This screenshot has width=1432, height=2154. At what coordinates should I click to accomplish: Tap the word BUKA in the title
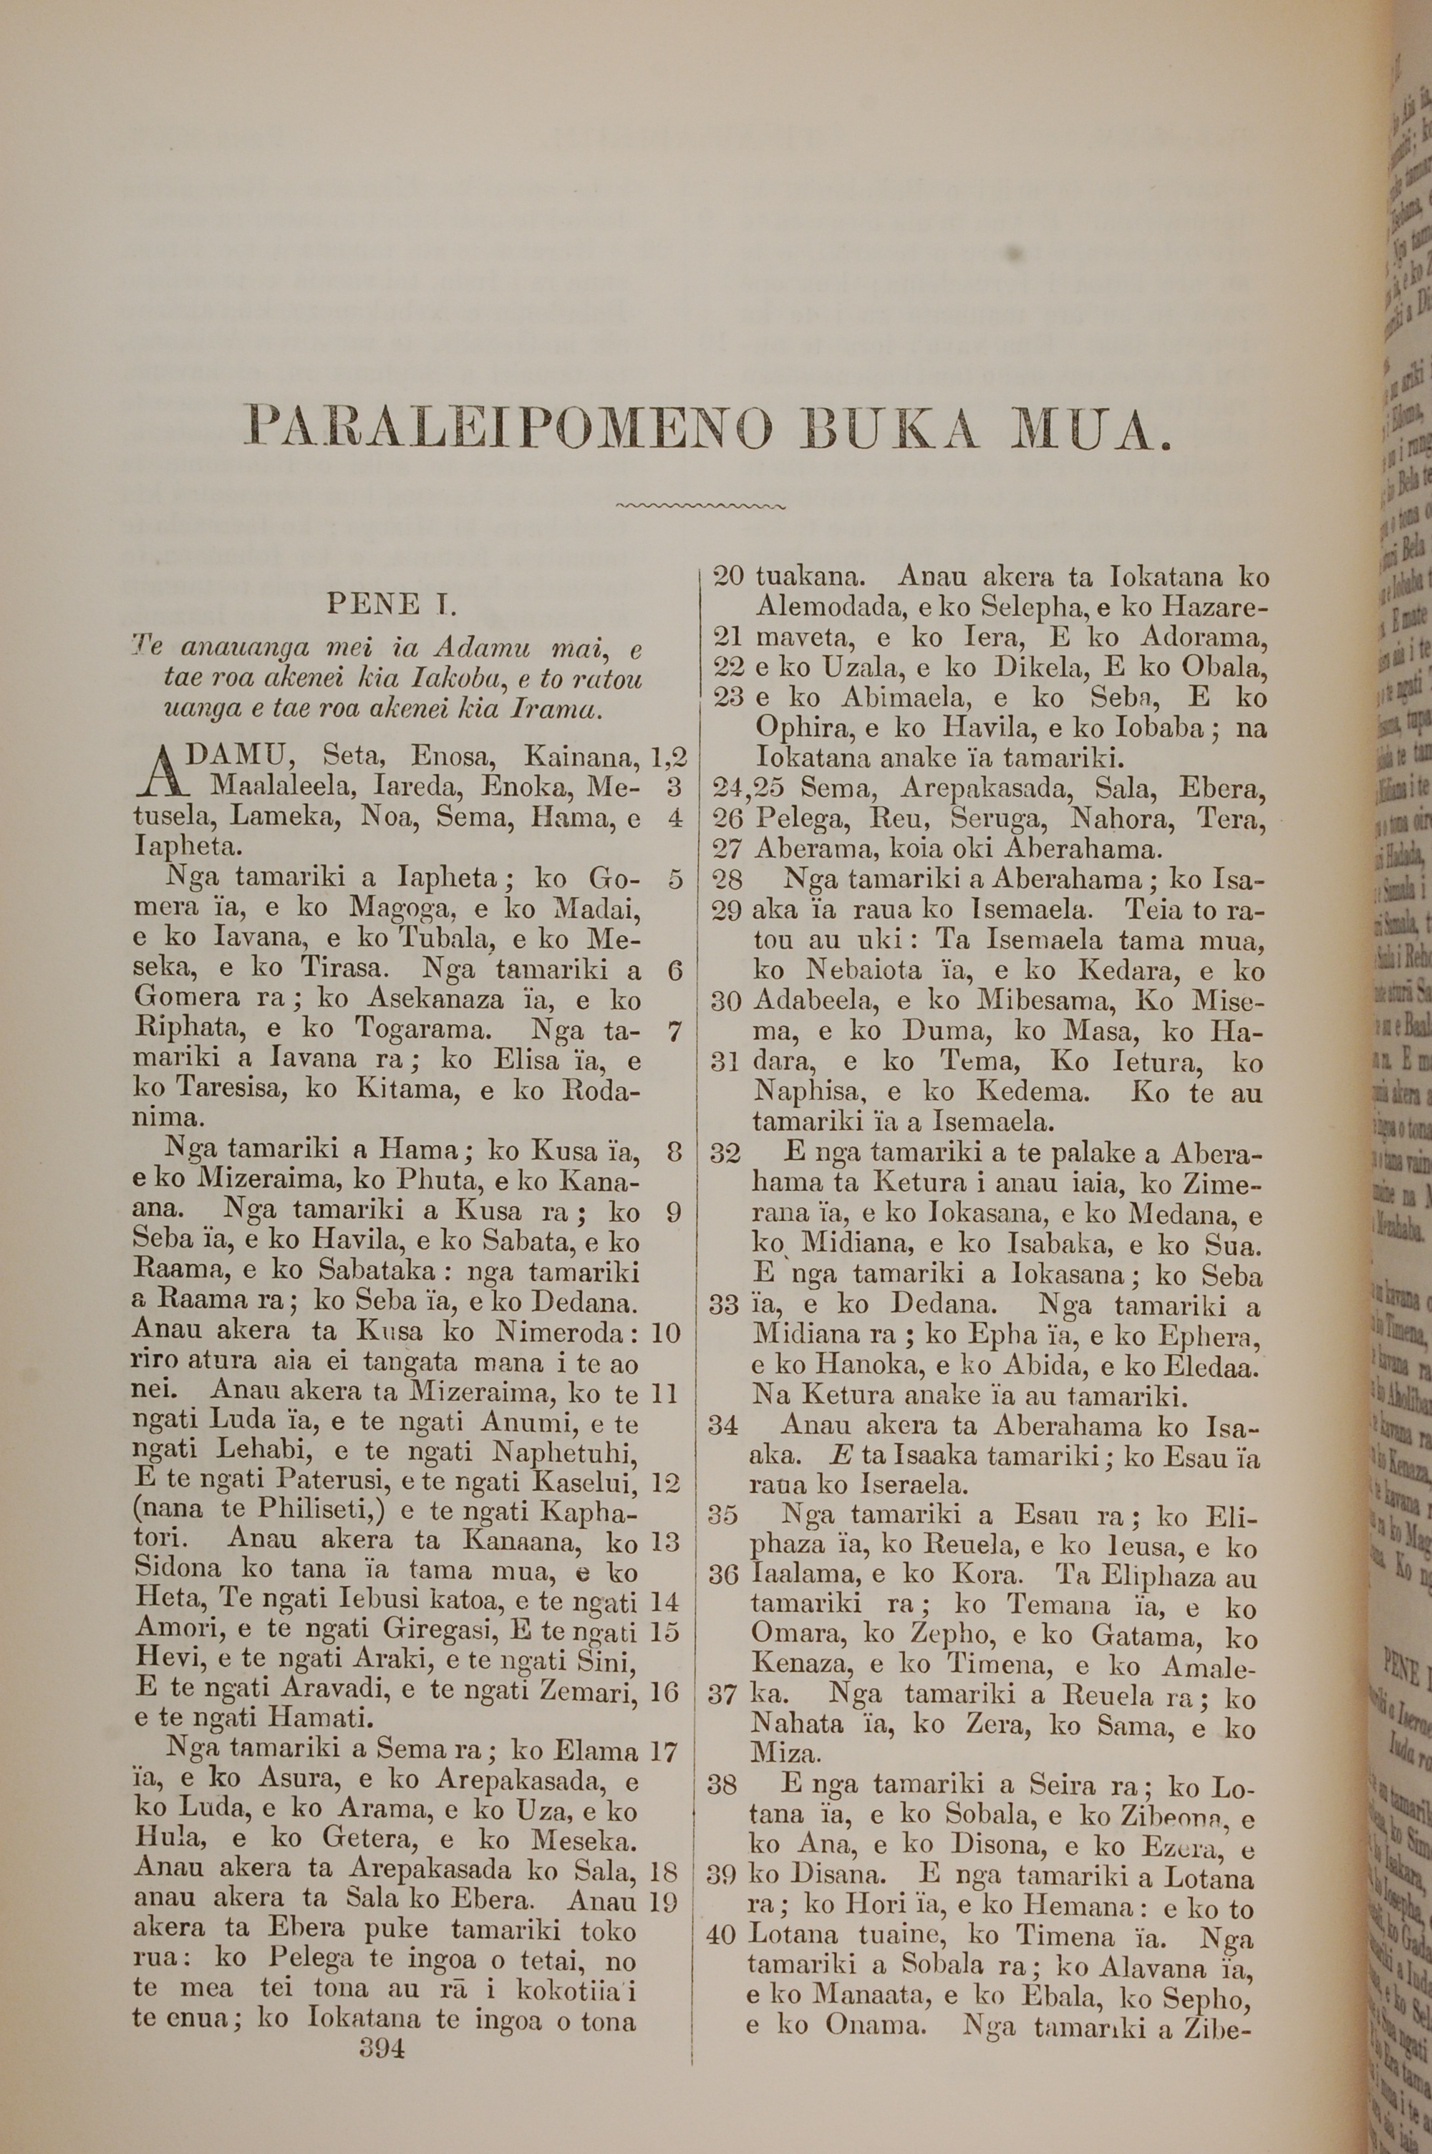coord(896,428)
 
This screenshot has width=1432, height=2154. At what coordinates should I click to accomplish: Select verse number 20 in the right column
coord(728,577)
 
